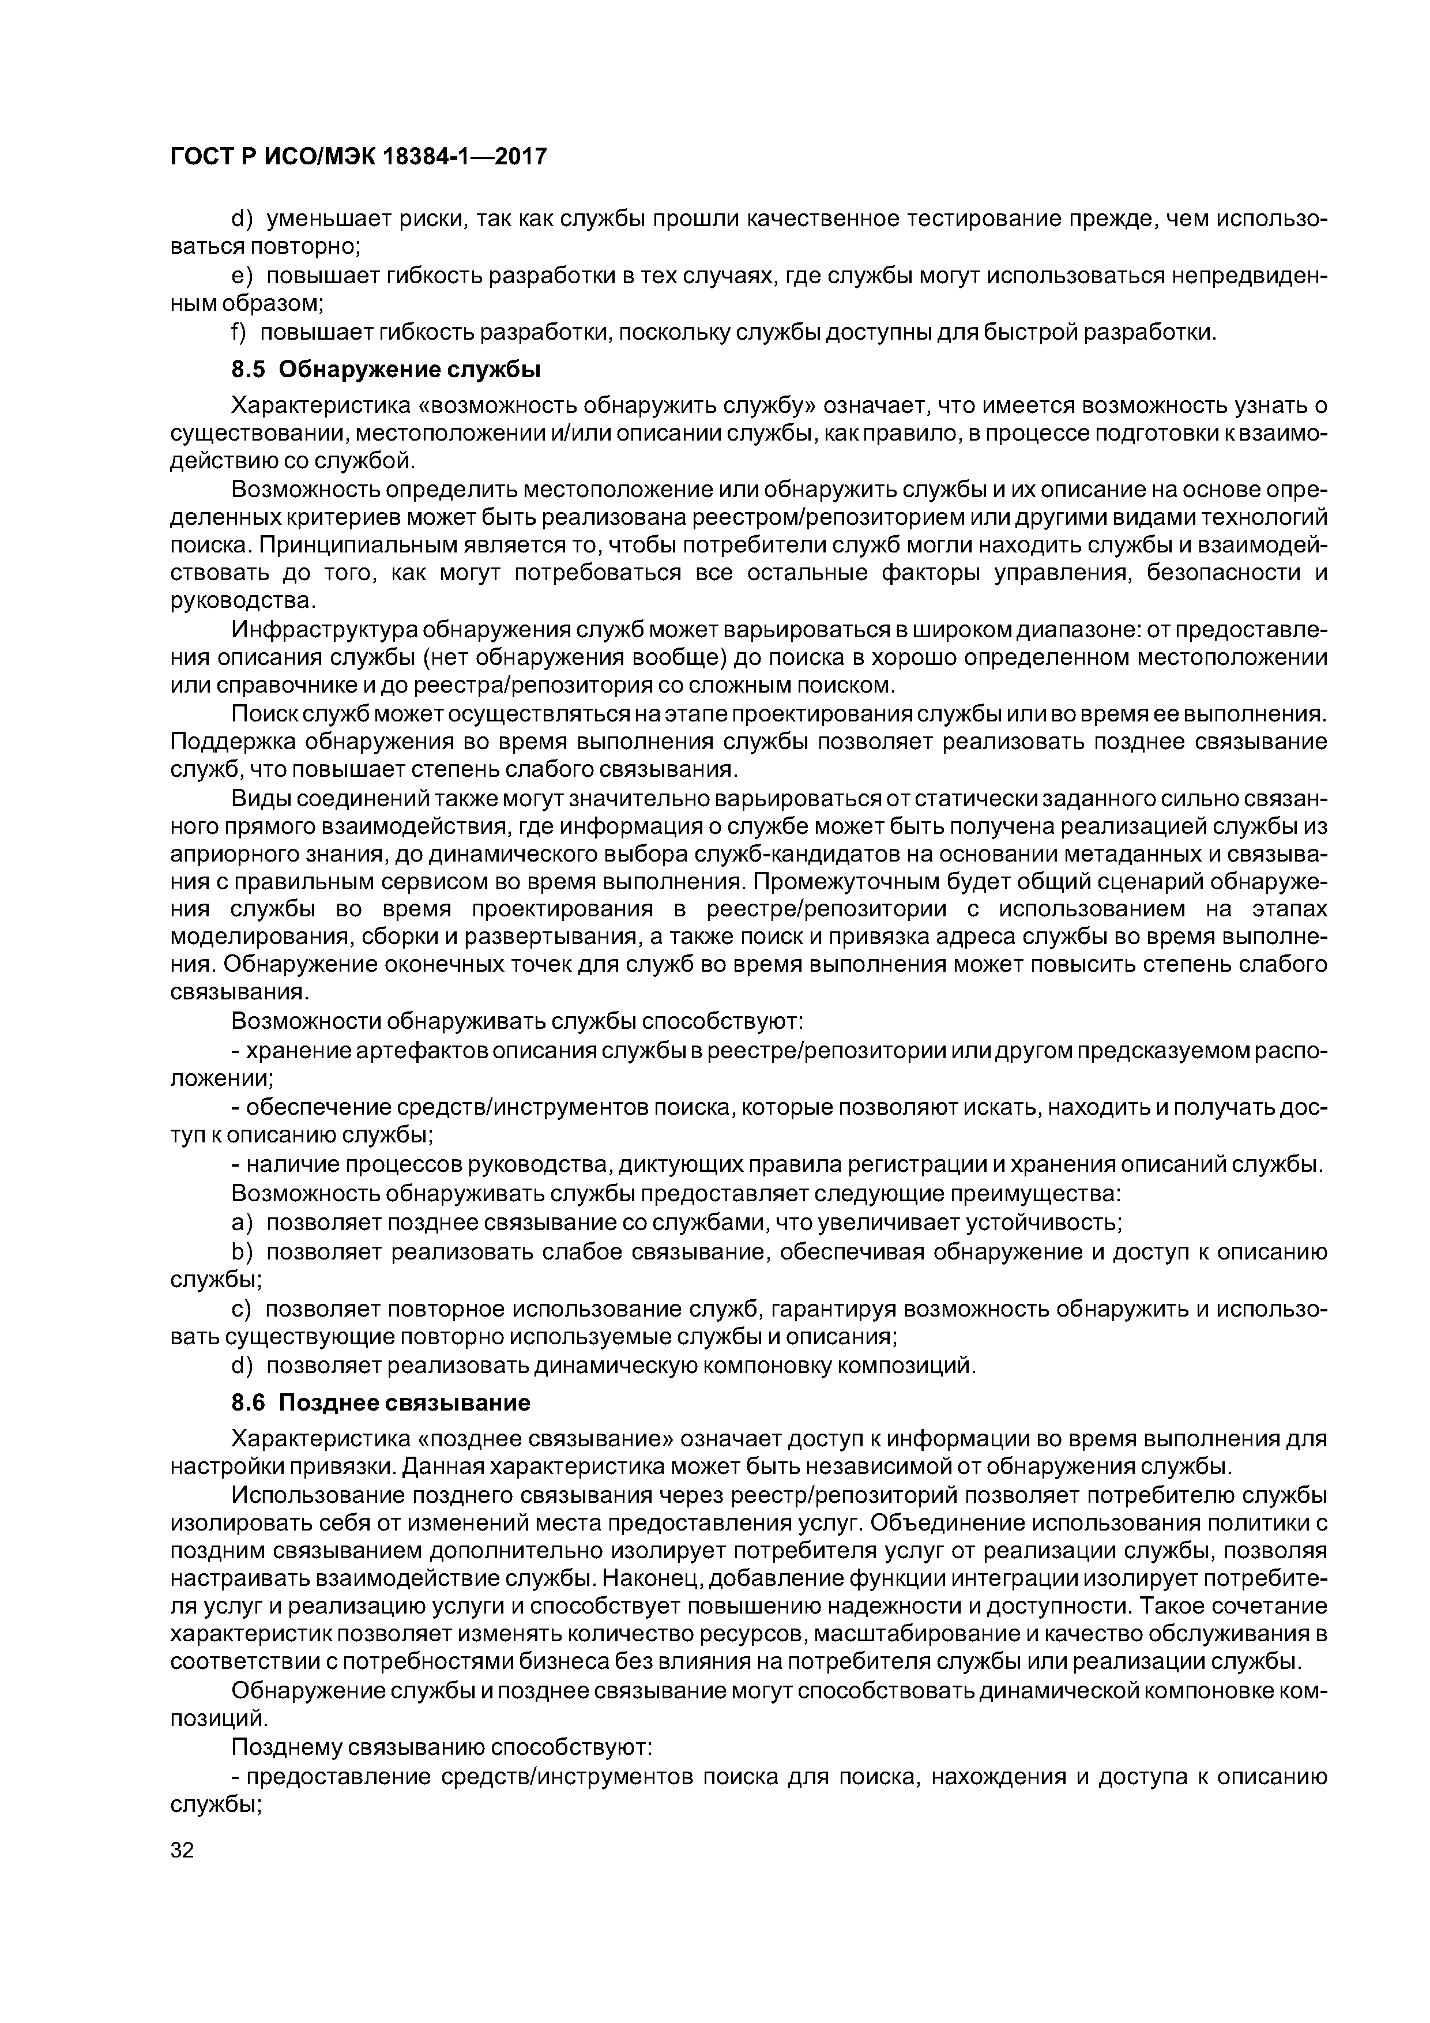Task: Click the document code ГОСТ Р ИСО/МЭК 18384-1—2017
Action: tap(357, 157)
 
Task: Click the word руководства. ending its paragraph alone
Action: tap(242, 601)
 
